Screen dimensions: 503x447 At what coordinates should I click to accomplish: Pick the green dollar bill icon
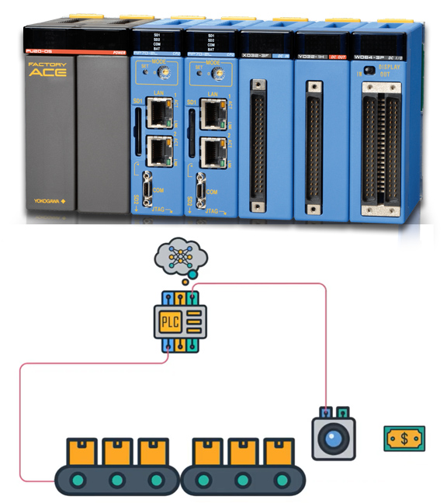coord(404,439)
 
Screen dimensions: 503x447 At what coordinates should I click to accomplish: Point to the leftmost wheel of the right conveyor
coord(206,480)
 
